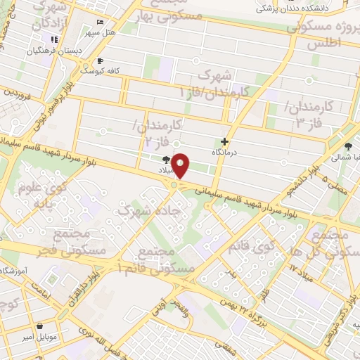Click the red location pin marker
[x=181, y=166]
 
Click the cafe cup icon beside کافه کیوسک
[x=101, y=60]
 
